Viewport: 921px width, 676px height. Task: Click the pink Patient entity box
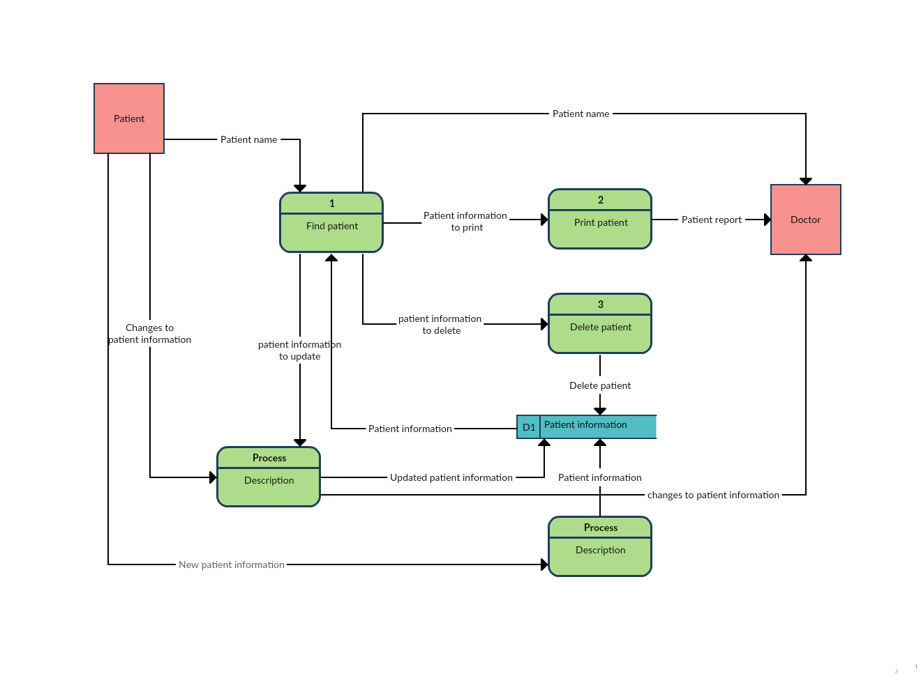[129, 118]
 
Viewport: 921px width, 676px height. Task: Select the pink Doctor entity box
[805, 220]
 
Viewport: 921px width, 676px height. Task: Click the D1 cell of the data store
[529, 427]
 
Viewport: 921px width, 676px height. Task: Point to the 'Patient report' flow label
[711, 220]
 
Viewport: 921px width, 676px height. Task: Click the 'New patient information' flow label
[232, 564]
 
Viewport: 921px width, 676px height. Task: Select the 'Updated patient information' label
[451, 477]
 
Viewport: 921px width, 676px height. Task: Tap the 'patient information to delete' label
[440, 325]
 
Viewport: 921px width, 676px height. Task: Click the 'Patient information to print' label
[465, 222]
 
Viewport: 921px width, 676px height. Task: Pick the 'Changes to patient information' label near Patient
[149, 334]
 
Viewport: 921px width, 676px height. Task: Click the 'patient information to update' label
[299, 351]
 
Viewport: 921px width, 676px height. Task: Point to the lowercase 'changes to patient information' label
[713, 495]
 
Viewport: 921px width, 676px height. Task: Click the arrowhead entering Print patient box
[544, 220]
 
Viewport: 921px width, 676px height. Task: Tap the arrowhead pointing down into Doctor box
[806, 181]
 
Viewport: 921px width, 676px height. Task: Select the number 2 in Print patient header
[600, 200]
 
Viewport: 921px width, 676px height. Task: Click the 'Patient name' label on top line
[581, 114]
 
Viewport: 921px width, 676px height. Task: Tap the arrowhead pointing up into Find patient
[331, 258]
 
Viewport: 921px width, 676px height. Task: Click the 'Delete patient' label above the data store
[599, 385]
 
